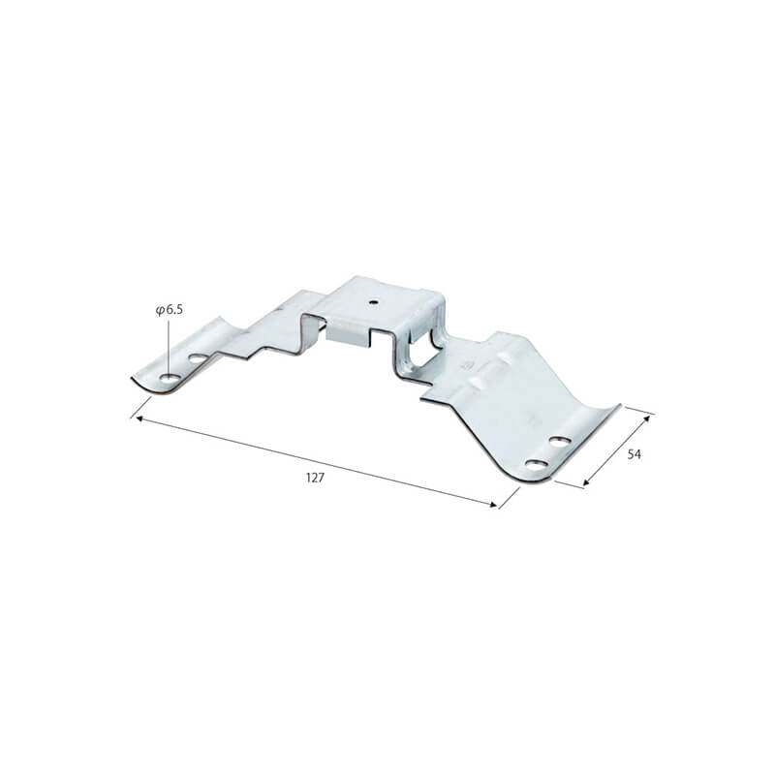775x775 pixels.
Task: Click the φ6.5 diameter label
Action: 169,310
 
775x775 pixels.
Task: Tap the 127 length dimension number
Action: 316,478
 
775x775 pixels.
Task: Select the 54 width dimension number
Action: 635,453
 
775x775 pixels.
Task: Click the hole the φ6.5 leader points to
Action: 169,379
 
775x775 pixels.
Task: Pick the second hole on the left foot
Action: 198,358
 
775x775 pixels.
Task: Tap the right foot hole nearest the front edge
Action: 538,465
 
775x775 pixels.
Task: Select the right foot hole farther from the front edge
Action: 560,442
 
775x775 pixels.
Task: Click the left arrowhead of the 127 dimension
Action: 139,419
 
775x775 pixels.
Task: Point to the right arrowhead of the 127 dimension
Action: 493,504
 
